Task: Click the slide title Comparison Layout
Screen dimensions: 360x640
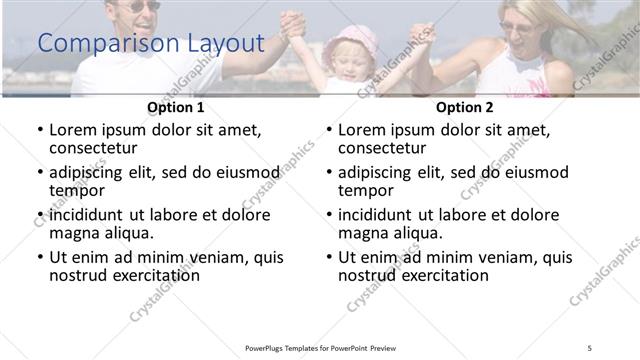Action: pyautogui.click(x=150, y=44)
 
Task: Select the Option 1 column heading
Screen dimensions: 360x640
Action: pyautogui.click(x=175, y=107)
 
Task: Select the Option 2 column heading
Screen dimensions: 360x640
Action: pyautogui.click(x=464, y=107)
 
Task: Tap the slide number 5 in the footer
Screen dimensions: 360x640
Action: pyautogui.click(x=590, y=347)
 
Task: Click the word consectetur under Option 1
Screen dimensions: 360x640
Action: pyautogui.click(x=97, y=149)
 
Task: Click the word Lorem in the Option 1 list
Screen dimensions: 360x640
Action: pyautogui.click(x=74, y=130)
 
